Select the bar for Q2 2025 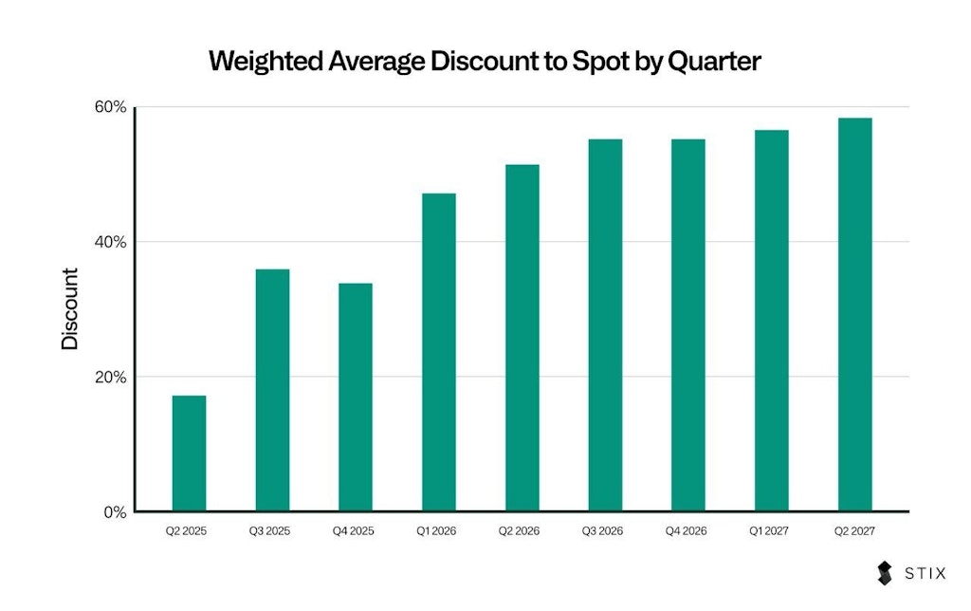click(189, 454)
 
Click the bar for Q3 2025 click(272, 390)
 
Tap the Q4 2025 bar click(356, 398)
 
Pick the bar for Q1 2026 click(439, 352)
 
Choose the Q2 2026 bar click(522, 338)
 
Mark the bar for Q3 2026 click(605, 325)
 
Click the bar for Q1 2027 click(772, 321)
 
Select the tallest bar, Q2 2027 click(855, 315)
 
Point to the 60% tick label click(110, 106)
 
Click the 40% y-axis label click(110, 242)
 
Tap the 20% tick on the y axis click(110, 377)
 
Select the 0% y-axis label click(115, 512)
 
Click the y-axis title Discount click(70, 309)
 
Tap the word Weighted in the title click(268, 62)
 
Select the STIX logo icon click(885, 573)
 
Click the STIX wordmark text click(925, 573)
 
